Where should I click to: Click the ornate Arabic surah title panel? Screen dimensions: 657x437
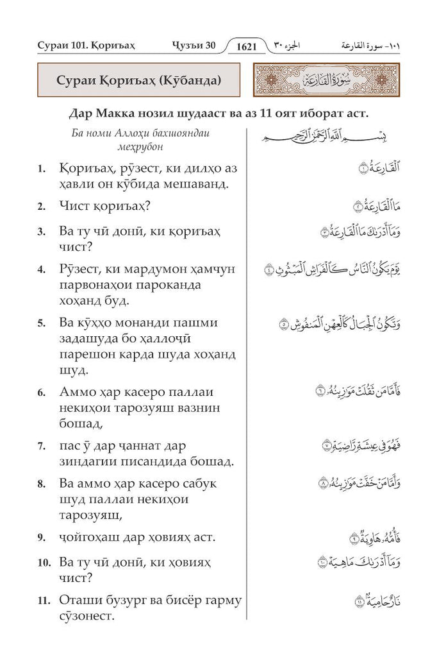coord(326,83)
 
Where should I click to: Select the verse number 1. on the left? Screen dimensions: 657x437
coord(41,169)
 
